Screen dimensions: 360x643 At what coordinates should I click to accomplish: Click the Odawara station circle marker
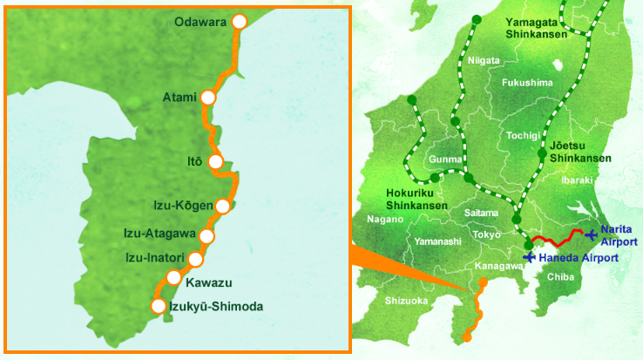240,22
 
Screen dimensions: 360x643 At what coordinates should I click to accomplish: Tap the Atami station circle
208,97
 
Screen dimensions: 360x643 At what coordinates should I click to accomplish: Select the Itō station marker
216,160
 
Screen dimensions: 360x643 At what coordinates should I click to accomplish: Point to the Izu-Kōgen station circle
223,207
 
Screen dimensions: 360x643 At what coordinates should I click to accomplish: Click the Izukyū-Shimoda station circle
158,306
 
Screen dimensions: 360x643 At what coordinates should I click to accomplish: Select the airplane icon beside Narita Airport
592,234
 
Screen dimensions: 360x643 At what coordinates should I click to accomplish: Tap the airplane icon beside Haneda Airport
529,258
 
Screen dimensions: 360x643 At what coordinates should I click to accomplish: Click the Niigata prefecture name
484,61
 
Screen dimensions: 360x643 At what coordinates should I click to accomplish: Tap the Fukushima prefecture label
527,83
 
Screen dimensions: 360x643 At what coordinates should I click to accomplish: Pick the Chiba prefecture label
559,276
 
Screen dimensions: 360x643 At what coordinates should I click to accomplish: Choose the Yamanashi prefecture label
437,241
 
